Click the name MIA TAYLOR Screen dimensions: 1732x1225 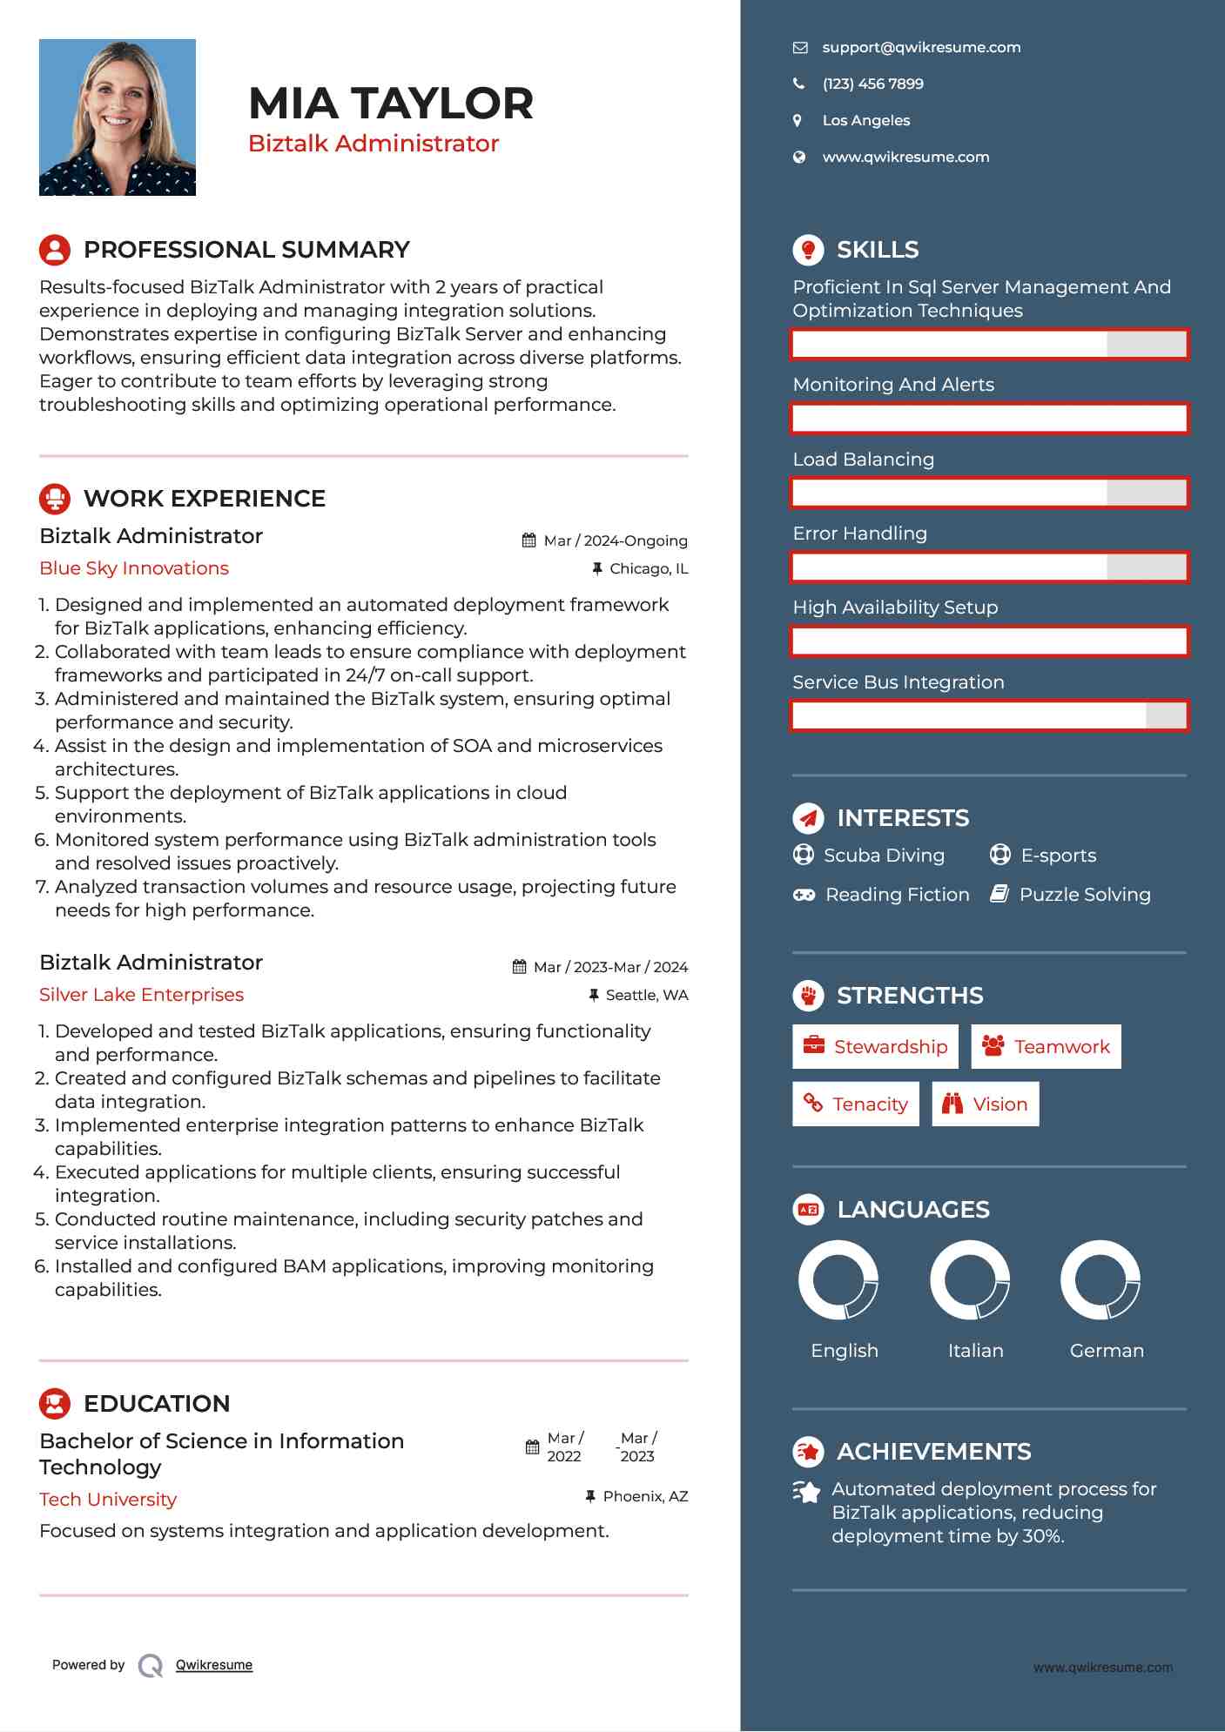pos(390,104)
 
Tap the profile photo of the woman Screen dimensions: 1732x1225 pos(118,117)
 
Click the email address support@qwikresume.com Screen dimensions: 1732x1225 pos(920,48)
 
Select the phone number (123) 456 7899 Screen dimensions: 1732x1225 pos(872,84)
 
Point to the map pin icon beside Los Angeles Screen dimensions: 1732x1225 pos(798,121)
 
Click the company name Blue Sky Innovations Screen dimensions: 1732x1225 pos(134,568)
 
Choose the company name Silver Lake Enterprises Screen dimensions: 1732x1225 pos(141,995)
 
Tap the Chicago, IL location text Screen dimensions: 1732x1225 pos(648,569)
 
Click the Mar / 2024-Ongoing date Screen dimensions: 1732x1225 pos(615,541)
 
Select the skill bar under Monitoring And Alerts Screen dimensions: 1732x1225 pos(989,419)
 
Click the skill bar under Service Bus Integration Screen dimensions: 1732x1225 pos(989,716)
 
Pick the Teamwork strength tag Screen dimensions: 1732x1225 pos(1046,1047)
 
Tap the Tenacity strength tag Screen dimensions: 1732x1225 pos(856,1104)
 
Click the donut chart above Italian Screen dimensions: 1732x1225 pos(970,1280)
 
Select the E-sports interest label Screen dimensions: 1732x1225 pos(1058,856)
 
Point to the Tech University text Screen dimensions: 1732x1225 pos(108,1500)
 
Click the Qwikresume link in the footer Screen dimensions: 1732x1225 pos(214,1665)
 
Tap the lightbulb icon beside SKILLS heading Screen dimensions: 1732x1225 pos(808,250)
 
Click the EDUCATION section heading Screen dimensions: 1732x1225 pos(157,1404)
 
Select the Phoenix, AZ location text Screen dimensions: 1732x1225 pos(644,1497)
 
